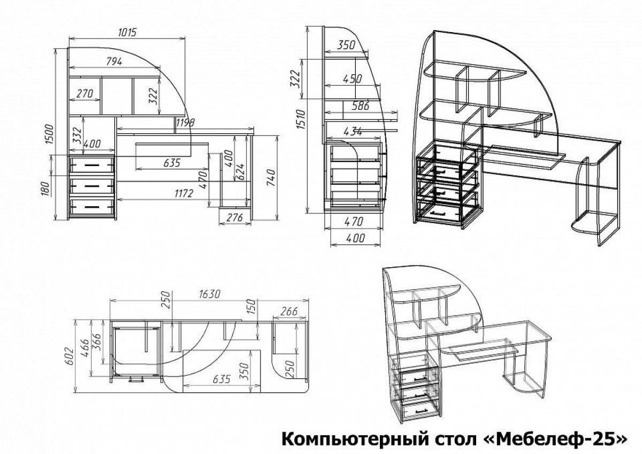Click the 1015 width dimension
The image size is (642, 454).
127,33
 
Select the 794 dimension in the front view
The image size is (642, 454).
114,62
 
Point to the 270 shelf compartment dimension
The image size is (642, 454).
85,94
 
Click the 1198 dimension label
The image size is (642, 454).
185,123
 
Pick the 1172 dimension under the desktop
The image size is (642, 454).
184,194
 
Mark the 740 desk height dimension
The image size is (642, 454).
271,178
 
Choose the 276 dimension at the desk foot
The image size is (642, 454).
235,218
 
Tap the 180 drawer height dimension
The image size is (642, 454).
45,188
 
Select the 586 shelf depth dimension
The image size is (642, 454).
360,106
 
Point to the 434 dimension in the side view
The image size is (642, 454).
353,131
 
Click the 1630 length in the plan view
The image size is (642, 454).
210,294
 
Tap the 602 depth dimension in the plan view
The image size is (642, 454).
70,356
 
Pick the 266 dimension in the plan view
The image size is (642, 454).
288,312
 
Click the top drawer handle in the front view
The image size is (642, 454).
91,165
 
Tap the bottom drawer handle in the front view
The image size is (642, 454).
91,207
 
